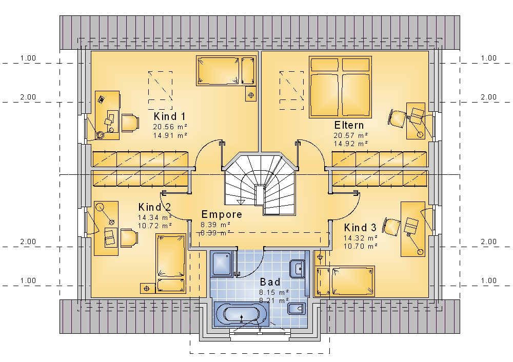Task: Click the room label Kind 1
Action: (169, 116)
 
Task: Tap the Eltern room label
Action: (349, 125)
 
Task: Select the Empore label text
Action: (222, 214)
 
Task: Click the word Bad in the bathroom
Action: (270, 282)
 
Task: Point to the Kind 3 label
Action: (360, 228)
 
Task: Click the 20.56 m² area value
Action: (170, 127)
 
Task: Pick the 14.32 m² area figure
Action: (361, 238)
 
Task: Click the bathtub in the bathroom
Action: (242, 314)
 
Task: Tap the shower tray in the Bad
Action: (223, 264)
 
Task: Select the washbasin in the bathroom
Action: (298, 269)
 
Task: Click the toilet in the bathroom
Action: (297, 309)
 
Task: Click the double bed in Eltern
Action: (340, 87)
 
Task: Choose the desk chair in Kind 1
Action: (130, 123)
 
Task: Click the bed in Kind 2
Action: (171, 263)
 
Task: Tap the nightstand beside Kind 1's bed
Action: (251, 95)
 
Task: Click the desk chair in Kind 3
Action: (391, 226)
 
